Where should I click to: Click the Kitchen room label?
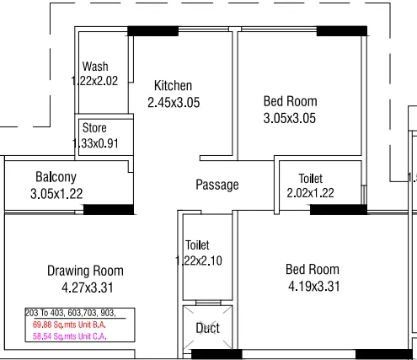173,86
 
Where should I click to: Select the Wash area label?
95,67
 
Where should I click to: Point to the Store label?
94,128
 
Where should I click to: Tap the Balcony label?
56,177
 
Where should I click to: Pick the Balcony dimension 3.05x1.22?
57,193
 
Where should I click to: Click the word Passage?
217,185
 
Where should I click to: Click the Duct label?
207,327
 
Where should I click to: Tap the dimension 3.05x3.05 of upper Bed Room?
290,118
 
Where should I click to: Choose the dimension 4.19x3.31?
312,286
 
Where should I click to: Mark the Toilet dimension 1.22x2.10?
199,261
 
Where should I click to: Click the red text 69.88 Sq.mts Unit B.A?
72,324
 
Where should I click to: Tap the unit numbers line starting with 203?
71,313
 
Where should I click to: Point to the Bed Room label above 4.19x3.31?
313,270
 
